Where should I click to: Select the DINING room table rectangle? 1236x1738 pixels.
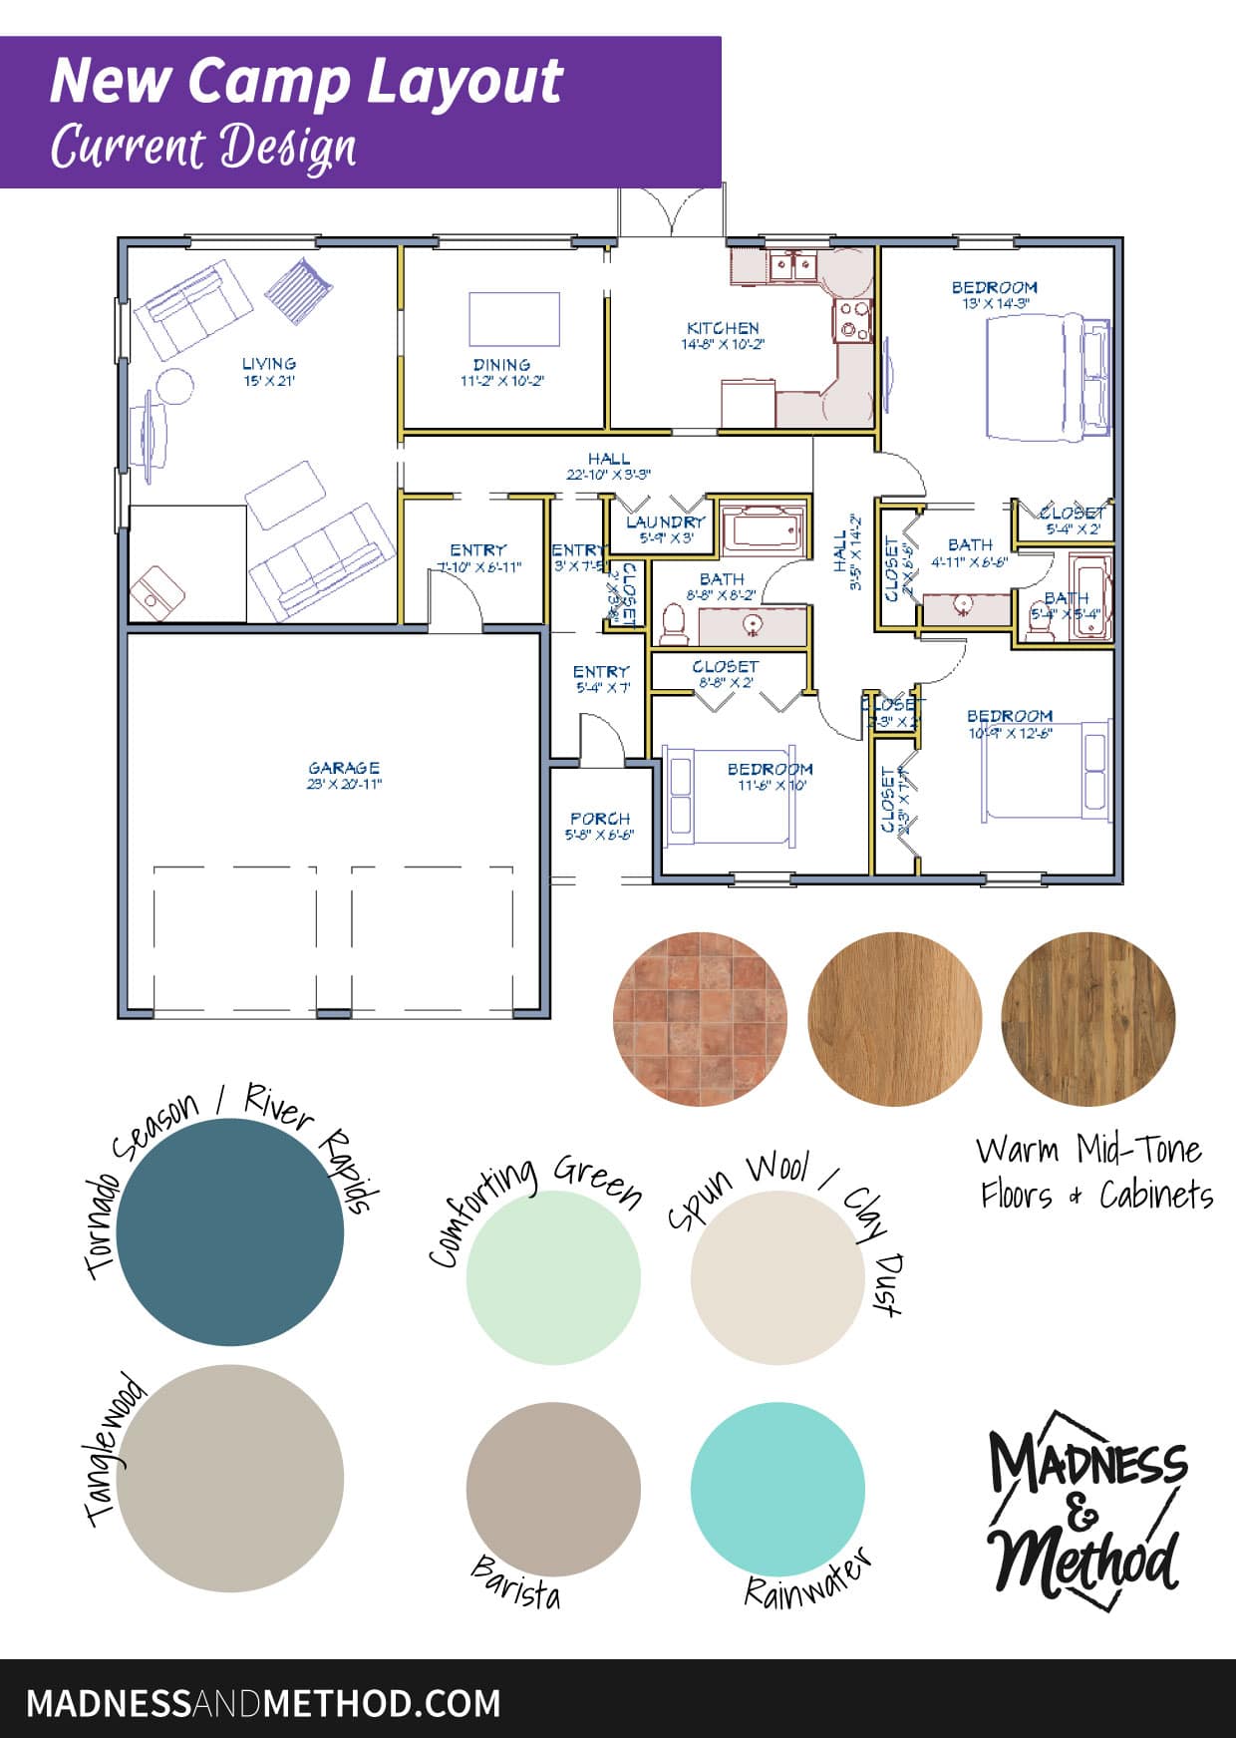(x=514, y=318)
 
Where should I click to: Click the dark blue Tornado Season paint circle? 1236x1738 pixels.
(x=230, y=1231)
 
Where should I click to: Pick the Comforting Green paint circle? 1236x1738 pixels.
(x=552, y=1278)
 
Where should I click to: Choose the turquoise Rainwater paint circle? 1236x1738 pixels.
(x=777, y=1489)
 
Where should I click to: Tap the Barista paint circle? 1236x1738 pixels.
(x=552, y=1489)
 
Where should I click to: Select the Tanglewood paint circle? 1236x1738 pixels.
(x=230, y=1478)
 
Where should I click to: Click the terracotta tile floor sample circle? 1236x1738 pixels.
(x=700, y=1019)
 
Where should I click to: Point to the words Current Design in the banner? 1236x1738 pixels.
(x=204, y=148)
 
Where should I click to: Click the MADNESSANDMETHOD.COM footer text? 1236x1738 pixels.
(x=263, y=1702)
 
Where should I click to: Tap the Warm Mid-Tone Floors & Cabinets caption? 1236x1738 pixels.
(x=1094, y=1172)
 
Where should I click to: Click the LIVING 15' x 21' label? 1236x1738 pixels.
(x=269, y=370)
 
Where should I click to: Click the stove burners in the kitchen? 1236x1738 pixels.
(x=853, y=321)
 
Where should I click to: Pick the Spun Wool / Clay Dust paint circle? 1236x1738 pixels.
(x=777, y=1278)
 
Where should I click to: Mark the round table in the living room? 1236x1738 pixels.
(x=175, y=387)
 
